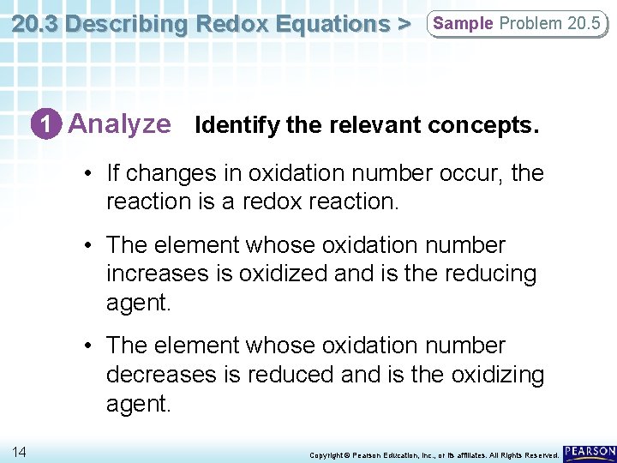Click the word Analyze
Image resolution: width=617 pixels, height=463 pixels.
[x=119, y=124]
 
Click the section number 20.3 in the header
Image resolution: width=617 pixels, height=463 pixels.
[x=35, y=24]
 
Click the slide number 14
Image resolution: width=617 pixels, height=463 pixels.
[x=19, y=451]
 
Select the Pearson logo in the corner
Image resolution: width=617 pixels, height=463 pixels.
[x=589, y=451]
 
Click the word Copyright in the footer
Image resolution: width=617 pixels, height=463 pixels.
[x=325, y=454]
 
